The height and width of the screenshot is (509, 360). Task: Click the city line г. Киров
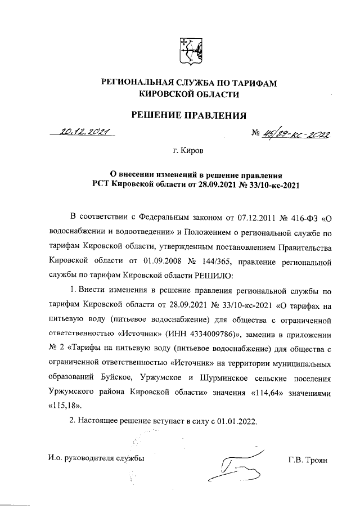click(188, 151)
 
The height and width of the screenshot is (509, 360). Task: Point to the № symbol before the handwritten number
click(255, 134)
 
